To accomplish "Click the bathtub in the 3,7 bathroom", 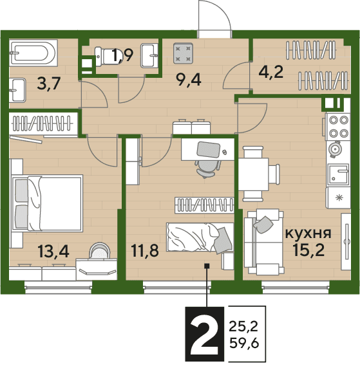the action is (x=33, y=53).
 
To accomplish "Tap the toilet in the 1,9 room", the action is (x=104, y=57).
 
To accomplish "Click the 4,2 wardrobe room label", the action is (x=271, y=72).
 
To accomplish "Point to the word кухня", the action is (x=308, y=234).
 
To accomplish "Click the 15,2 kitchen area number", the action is (x=308, y=250).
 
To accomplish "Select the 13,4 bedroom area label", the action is (x=53, y=251).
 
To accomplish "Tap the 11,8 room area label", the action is (x=145, y=250).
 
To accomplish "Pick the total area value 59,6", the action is (x=244, y=344).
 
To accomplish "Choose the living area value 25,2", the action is (x=243, y=327).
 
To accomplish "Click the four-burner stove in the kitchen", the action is (x=337, y=127).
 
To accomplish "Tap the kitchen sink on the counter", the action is (x=339, y=174).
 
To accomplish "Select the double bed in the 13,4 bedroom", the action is (x=48, y=203).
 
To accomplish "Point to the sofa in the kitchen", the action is (x=263, y=242).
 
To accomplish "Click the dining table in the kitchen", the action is (x=254, y=174).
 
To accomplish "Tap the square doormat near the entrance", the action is (x=184, y=53).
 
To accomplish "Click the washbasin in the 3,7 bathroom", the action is (x=17, y=90).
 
